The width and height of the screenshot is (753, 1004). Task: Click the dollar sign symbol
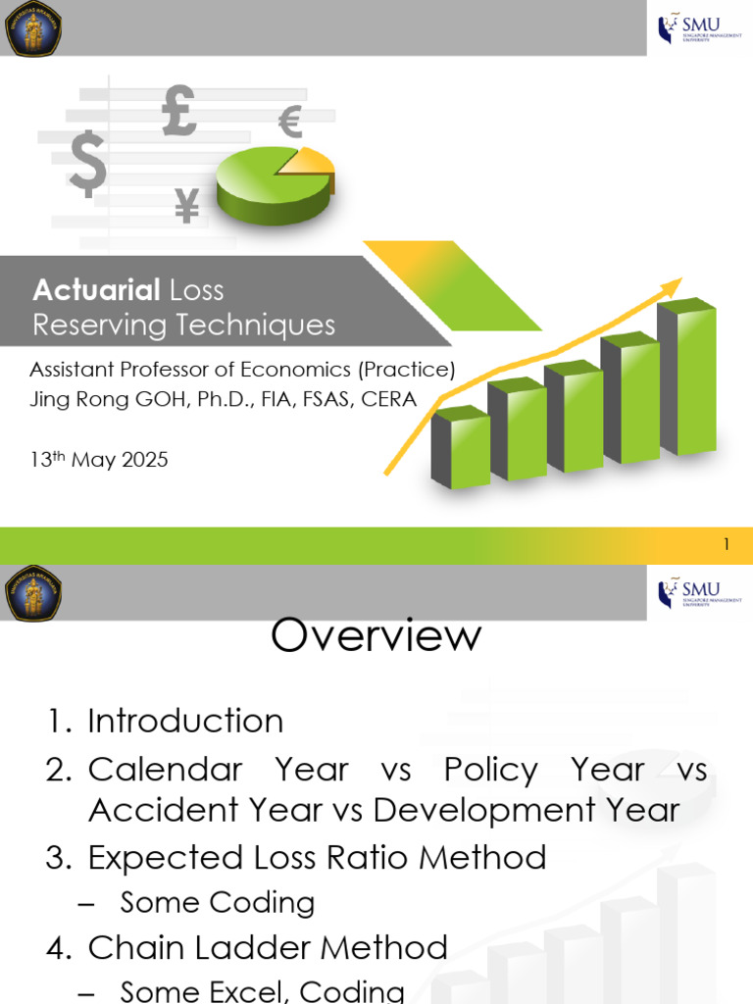[87, 164]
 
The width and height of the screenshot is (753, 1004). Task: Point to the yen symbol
[186, 206]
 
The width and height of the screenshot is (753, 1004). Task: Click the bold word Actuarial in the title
[96, 290]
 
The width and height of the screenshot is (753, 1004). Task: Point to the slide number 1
[727, 545]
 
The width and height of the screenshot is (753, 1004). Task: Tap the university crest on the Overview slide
[32, 592]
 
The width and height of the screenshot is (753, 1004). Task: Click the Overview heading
[376, 636]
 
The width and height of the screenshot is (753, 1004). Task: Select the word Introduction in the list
[185, 722]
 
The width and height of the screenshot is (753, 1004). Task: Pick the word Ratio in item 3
[373, 858]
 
